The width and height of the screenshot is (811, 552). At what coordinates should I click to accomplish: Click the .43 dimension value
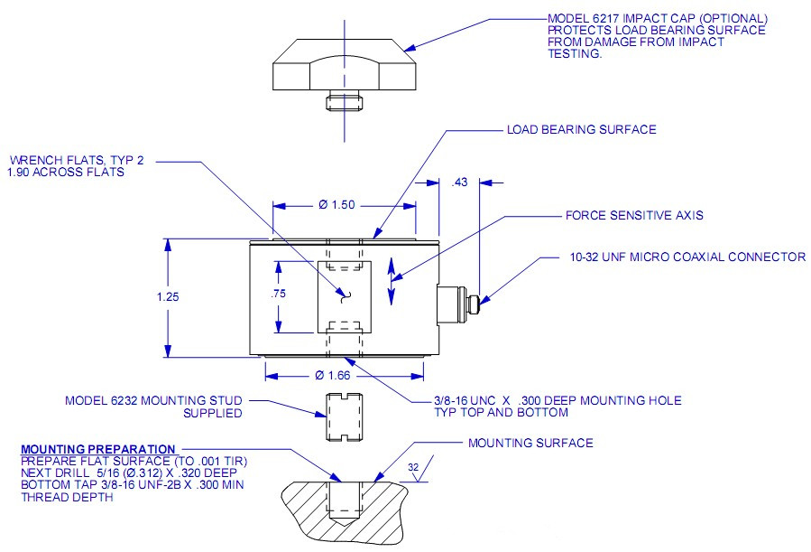(x=459, y=182)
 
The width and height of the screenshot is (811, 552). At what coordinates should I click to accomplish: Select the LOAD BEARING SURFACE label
(x=580, y=130)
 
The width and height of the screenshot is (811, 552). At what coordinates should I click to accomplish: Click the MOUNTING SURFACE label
(x=530, y=443)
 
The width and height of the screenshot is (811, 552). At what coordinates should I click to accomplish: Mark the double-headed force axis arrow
(x=390, y=282)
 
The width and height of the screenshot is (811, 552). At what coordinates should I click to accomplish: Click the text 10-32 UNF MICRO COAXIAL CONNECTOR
(x=687, y=257)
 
